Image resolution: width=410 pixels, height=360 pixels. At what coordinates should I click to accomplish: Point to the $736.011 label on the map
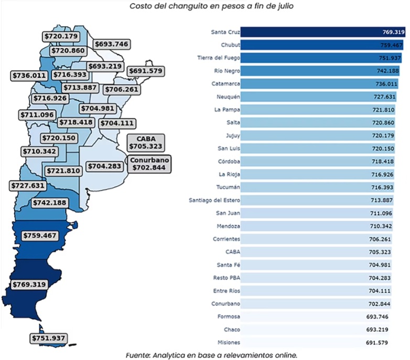(x=30, y=76)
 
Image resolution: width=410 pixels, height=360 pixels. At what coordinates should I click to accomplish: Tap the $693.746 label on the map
(x=111, y=45)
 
